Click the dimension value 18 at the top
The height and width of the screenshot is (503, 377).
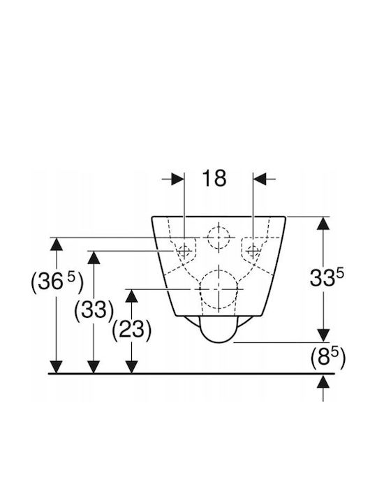click(x=214, y=178)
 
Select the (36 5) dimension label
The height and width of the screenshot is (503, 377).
click(x=57, y=282)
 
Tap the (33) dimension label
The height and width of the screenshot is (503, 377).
click(x=94, y=310)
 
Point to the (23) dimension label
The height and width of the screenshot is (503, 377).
click(x=132, y=330)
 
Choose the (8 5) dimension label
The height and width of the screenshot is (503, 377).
click(x=328, y=358)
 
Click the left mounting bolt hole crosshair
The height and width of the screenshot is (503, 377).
click(x=184, y=250)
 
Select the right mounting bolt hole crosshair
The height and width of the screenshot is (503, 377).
click(x=253, y=250)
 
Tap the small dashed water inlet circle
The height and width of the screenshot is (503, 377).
click(x=219, y=238)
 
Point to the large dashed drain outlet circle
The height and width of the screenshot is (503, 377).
click(x=219, y=289)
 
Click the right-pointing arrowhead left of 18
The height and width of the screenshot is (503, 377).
click(x=177, y=179)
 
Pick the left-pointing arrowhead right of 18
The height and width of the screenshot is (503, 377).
click(x=260, y=179)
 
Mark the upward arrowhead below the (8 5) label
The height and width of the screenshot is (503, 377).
click(x=323, y=381)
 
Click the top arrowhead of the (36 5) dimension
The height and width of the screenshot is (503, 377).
click(x=57, y=245)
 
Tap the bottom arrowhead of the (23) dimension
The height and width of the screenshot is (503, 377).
click(x=131, y=367)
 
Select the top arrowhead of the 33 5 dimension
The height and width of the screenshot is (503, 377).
click(x=323, y=224)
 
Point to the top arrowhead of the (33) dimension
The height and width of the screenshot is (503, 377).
click(x=94, y=258)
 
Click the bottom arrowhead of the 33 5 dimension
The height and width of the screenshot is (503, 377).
click(x=323, y=336)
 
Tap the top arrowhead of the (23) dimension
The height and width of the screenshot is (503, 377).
click(x=131, y=296)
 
